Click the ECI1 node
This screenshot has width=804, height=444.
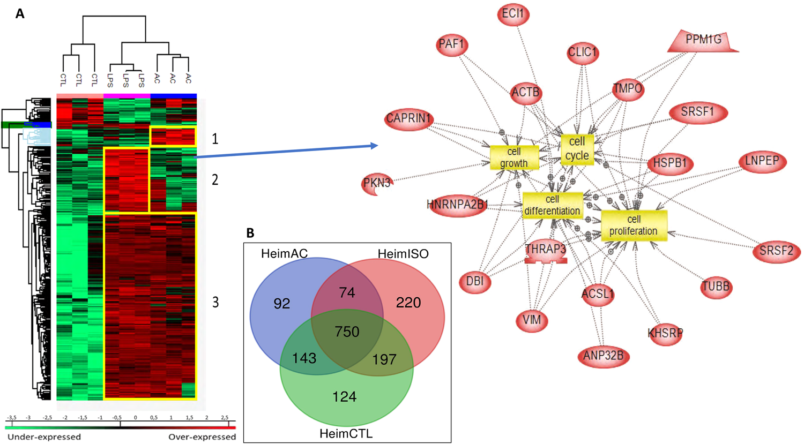(513, 14)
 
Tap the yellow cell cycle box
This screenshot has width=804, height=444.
(577, 149)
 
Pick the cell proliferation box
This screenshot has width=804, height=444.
(634, 225)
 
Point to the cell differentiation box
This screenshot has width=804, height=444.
(552, 205)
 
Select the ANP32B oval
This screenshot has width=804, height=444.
(604, 356)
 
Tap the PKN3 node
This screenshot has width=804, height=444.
(377, 184)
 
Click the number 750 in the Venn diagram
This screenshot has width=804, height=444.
(347, 332)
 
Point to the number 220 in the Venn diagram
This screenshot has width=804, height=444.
(408, 303)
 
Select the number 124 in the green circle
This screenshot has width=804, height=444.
(344, 397)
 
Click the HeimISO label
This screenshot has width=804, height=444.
(403, 254)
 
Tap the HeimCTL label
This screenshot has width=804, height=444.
(346, 433)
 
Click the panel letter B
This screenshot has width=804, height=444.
(250, 233)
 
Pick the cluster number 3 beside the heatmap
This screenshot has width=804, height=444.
(215, 302)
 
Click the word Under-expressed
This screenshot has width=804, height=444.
(44, 437)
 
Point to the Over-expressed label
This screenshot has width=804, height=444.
(202, 437)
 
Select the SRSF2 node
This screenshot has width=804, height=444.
(776, 251)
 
